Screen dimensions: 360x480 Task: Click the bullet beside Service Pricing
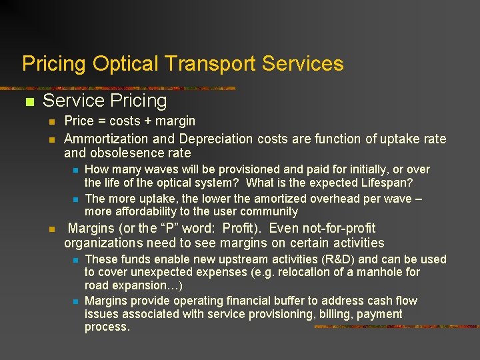[29, 103]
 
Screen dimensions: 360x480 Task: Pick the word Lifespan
[386, 182]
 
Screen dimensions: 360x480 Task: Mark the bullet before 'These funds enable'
[75, 260]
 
